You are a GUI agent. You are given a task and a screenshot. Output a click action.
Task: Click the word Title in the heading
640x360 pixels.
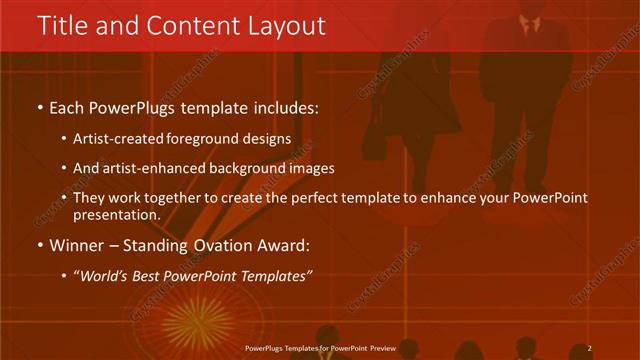pos(62,25)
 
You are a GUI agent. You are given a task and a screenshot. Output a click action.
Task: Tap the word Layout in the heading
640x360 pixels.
pos(289,25)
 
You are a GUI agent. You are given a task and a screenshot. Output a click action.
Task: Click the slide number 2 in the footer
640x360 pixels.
pos(590,347)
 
